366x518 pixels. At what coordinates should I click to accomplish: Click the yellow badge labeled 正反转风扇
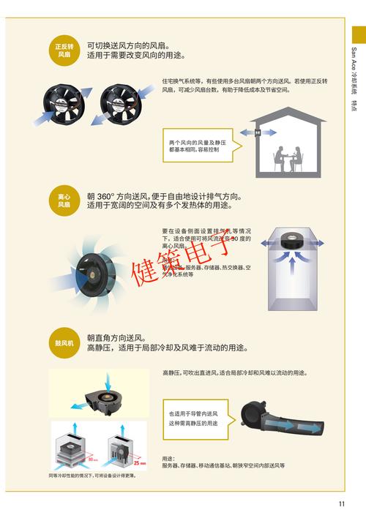[x=64, y=50]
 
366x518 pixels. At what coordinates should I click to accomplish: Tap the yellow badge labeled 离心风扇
[x=64, y=200]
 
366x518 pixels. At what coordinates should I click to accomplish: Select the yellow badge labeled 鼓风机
[x=64, y=342]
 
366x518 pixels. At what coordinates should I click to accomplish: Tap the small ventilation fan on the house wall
[x=258, y=132]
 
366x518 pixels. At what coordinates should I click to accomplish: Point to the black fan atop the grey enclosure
[x=293, y=236]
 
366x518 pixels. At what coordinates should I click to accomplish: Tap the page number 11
[x=341, y=503]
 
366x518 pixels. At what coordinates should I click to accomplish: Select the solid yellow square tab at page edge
[x=359, y=34]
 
